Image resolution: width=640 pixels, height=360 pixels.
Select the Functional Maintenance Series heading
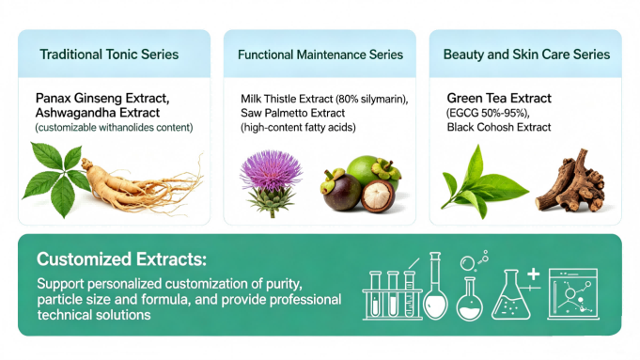pos(320,55)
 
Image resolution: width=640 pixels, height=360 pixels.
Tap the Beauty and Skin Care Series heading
pos(526,55)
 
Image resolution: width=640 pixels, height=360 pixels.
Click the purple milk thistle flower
pos(271,178)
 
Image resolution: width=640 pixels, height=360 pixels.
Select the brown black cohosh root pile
pos(574,181)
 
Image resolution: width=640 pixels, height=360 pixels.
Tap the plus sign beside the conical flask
pos(533,274)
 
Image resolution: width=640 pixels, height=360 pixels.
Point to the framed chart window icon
pos(572,290)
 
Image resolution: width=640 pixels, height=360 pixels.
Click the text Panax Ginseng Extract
pos(102,97)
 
